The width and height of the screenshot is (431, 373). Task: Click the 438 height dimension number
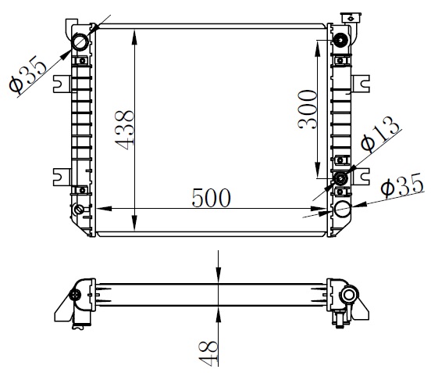[124, 131]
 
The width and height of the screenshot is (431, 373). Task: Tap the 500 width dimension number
[211, 198]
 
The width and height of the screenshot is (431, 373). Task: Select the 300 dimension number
[308, 109]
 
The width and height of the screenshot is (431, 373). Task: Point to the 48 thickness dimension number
[208, 353]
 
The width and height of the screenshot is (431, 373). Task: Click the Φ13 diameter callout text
[380, 134]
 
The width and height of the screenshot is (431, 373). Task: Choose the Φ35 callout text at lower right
[402, 185]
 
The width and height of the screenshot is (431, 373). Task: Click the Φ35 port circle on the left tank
[80, 41]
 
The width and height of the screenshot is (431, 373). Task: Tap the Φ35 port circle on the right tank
[342, 209]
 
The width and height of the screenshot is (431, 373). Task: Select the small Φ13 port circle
[341, 178]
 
